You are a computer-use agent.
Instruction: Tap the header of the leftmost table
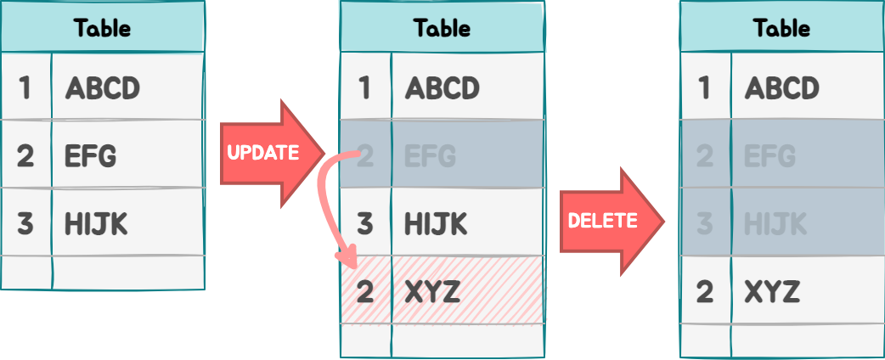point(102,28)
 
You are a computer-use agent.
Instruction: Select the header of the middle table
point(442,28)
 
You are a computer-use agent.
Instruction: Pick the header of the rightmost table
point(781,28)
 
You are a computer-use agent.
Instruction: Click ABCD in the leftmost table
point(102,88)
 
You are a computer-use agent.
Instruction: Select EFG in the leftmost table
point(91,156)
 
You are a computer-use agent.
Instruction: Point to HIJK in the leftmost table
point(96,224)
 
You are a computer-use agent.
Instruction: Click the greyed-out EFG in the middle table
point(431,156)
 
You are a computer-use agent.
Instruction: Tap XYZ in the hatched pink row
point(432,292)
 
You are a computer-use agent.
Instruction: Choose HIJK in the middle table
point(436,224)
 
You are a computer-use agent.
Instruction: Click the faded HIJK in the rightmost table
point(775,224)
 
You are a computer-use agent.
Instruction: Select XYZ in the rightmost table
point(772,292)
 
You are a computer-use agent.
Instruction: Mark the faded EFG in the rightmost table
point(770,156)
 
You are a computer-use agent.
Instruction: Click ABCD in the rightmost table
point(781,88)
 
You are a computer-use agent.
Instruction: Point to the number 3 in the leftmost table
point(25,224)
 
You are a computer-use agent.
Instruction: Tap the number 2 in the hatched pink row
point(365,292)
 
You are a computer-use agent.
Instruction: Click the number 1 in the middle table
point(365,88)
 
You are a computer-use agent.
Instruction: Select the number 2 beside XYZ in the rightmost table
point(705,292)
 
